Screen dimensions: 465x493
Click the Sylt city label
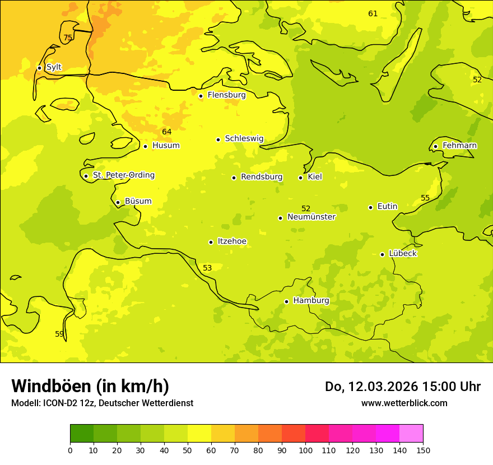[54, 67]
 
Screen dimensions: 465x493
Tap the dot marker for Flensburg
[201, 96]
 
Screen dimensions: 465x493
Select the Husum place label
[166, 146]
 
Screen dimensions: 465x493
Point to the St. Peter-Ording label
[123, 175]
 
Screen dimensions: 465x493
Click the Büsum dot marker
[118, 202]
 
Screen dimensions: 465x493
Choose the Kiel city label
[315, 177]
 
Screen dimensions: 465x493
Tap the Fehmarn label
[459, 146]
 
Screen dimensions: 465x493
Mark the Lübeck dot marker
[382, 254]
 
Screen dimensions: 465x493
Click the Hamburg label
[311, 301]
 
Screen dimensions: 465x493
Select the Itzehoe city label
[232, 241]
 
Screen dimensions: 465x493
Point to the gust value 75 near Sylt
[68, 38]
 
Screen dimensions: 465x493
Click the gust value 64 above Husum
[167, 132]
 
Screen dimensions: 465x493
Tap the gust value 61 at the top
[373, 14]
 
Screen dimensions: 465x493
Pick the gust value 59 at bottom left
[59, 334]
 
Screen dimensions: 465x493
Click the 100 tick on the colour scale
[305, 450]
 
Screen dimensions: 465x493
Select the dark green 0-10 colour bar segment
[82, 434]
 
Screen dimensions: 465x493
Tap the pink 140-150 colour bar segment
[411, 434]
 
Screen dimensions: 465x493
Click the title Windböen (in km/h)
[90, 386]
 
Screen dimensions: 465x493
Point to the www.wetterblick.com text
[404, 403]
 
